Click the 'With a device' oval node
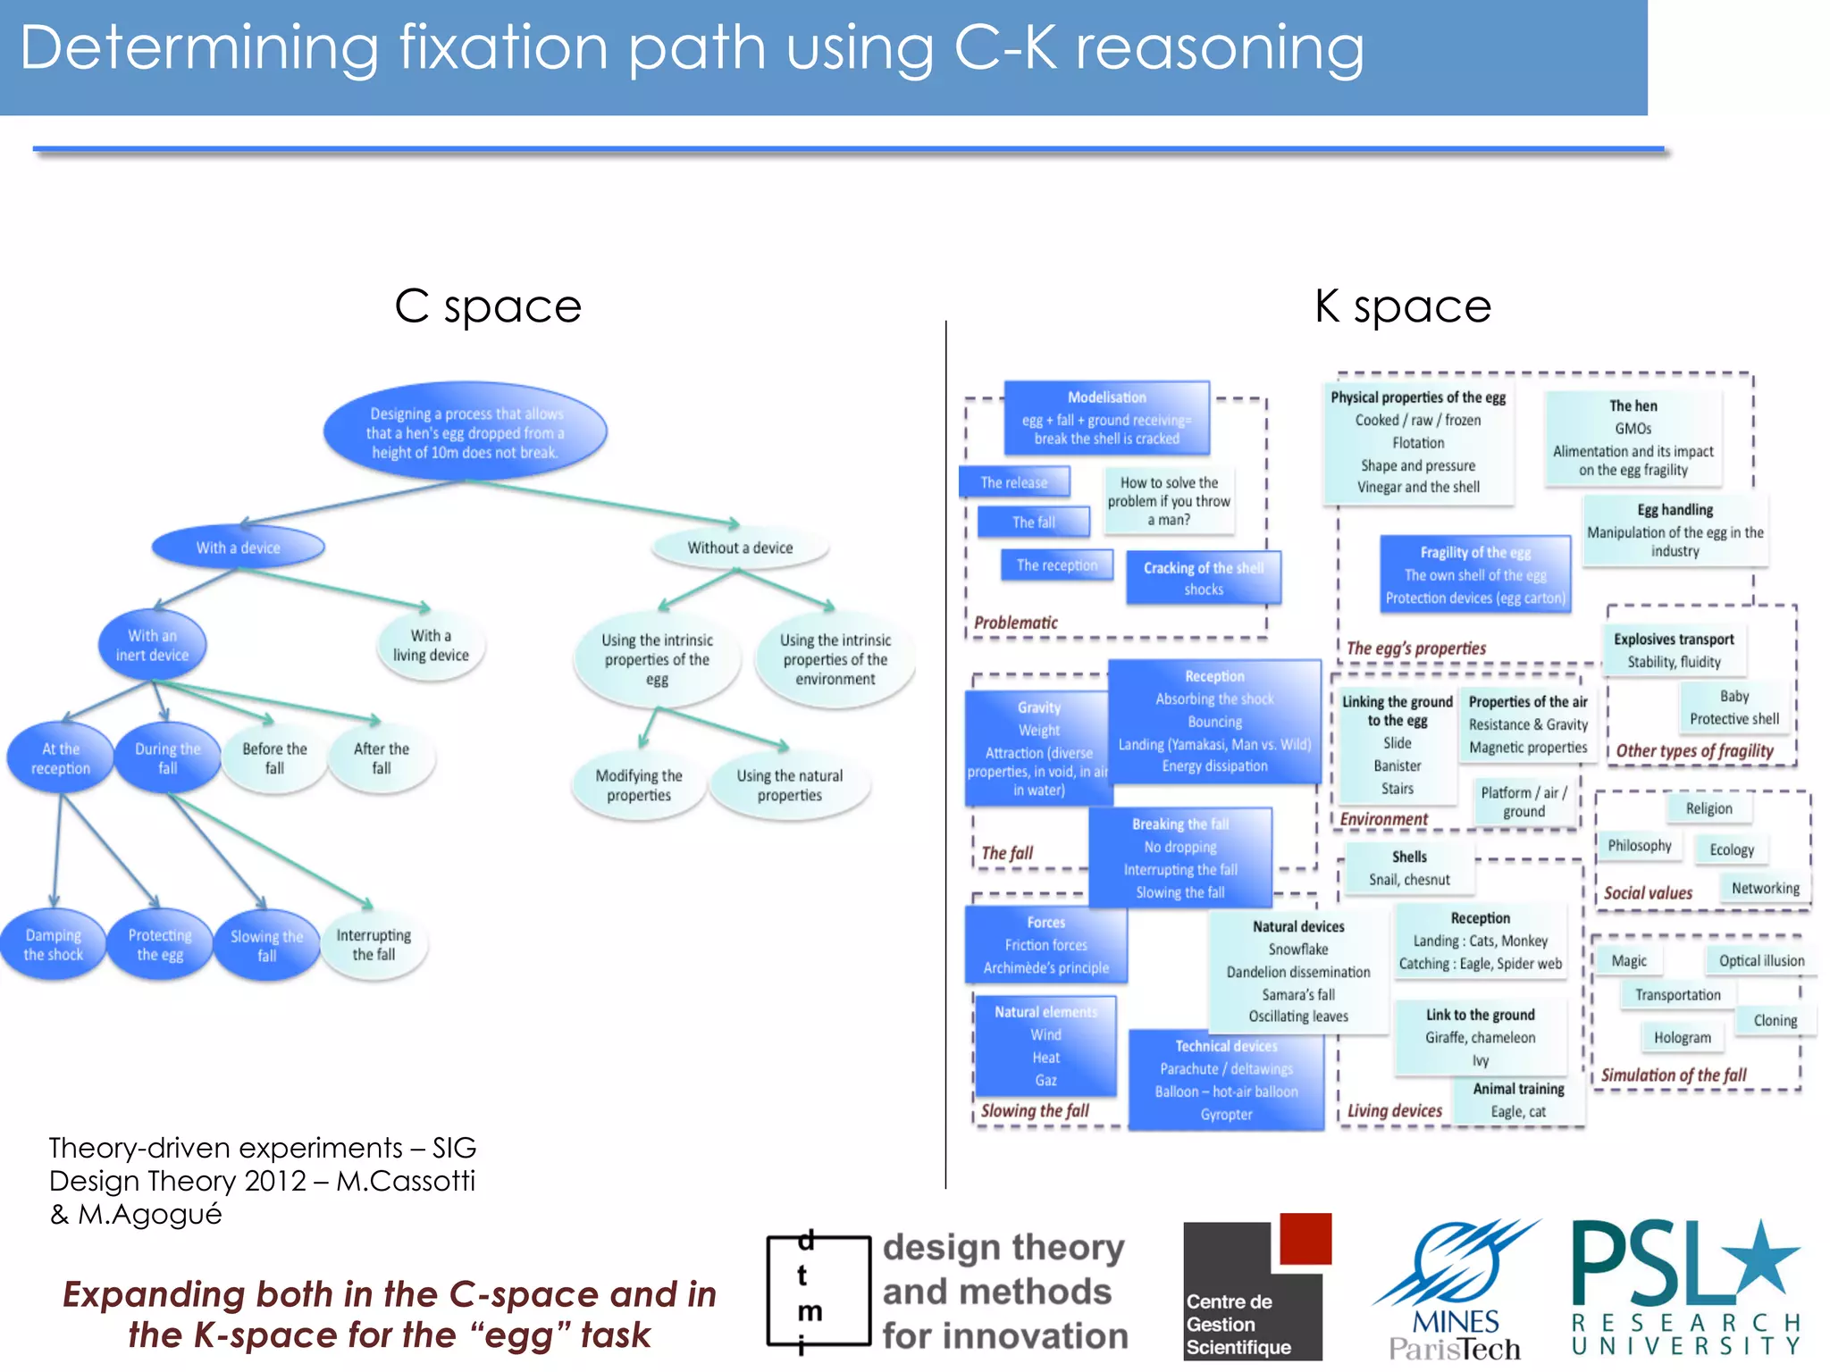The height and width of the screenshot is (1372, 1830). point(238,548)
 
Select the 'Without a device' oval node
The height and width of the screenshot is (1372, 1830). point(740,548)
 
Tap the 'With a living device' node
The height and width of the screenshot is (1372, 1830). point(431,645)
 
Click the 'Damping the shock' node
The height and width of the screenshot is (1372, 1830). point(54,945)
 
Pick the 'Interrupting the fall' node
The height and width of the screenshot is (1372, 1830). point(374,945)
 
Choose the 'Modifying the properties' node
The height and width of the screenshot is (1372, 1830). point(639,785)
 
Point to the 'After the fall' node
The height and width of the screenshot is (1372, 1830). point(382,758)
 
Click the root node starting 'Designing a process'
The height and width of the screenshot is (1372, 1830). point(465,433)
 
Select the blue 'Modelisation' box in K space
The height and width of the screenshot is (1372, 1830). point(1106,418)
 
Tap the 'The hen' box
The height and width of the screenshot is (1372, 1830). point(1633,438)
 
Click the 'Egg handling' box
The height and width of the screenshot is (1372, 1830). point(1675,530)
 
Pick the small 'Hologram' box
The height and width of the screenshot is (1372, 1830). point(1682,1038)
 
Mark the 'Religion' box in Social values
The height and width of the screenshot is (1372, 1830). point(1708,808)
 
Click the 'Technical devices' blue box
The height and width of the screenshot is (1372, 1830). point(1226,1080)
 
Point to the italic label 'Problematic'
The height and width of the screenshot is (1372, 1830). point(1015,623)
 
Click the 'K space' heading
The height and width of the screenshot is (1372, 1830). point(1402,306)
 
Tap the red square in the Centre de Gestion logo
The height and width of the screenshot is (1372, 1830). point(1305,1238)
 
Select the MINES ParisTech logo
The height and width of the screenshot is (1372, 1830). point(1456,1291)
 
